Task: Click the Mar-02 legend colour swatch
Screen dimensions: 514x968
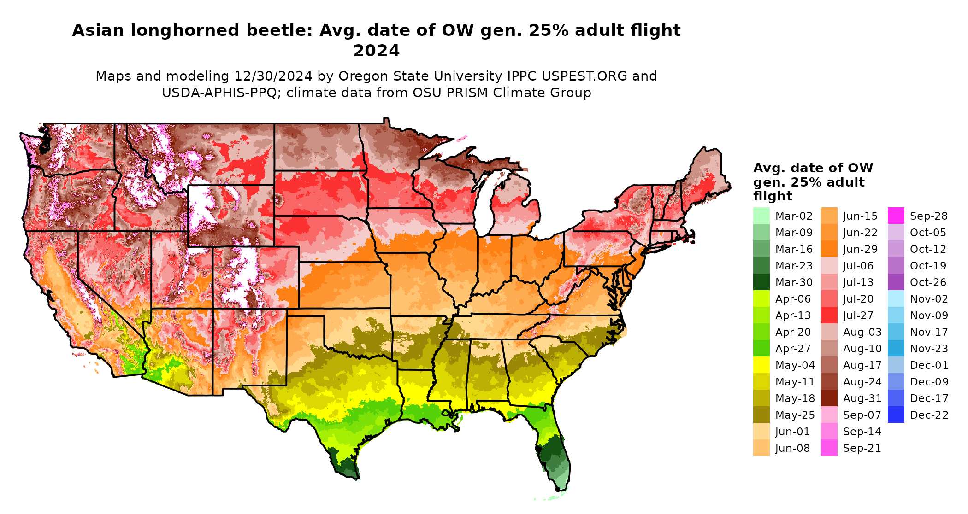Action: (x=761, y=216)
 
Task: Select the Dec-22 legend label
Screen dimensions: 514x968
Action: (x=929, y=415)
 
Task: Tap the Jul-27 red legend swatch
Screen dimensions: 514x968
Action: (x=829, y=315)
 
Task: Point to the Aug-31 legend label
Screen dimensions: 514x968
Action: (x=862, y=398)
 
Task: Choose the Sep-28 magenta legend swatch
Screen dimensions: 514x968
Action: (x=896, y=216)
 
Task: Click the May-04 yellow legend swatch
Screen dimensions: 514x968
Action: (x=761, y=365)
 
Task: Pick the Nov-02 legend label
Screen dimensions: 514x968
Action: (x=929, y=299)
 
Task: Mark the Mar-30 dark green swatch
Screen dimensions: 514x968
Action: (x=761, y=282)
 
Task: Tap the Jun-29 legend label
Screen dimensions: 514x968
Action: (x=860, y=249)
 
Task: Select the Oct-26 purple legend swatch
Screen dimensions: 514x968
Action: (x=896, y=282)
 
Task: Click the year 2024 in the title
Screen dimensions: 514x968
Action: (x=376, y=51)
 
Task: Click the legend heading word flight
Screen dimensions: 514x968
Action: (x=773, y=196)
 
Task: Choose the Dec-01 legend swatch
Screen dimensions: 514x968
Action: (x=896, y=365)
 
